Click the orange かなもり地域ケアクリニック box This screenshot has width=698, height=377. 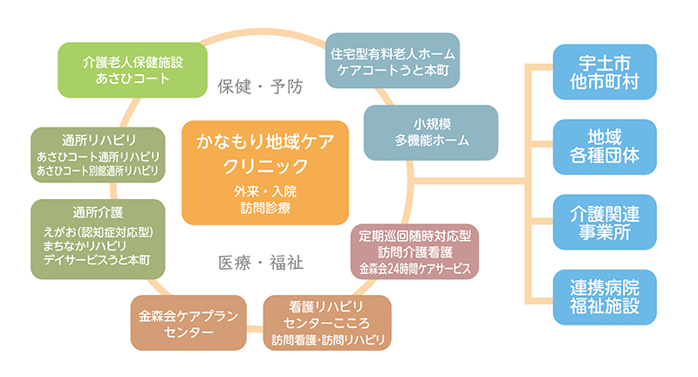[x=265, y=172]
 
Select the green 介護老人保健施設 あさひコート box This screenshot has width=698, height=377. [x=133, y=70]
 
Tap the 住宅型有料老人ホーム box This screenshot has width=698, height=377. [x=392, y=60]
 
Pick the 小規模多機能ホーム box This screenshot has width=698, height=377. [x=431, y=133]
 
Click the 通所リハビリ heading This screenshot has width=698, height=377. [x=99, y=141]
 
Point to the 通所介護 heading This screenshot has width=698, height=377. [x=98, y=213]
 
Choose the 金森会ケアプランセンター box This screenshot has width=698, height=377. [x=188, y=323]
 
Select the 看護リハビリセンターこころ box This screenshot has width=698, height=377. [x=327, y=323]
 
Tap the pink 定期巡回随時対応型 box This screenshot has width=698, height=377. [x=415, y=251]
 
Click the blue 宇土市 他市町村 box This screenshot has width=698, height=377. [x=605, y=72]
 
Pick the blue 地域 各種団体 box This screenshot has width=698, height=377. [x=605, y=147]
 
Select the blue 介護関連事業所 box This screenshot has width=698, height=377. [x=605, y=223]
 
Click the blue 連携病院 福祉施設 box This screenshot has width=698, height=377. [x=605, y=297]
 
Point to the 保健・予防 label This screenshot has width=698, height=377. [x=260, y=86]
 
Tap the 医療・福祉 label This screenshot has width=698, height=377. [x=260, y=263]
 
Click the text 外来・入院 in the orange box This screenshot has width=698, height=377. [x=265, y=191]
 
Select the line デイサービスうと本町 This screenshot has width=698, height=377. [x=97, y=260]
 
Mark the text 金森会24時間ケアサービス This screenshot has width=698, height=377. [x=415, y=269]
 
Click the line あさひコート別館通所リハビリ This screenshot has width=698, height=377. [x=98, y=170]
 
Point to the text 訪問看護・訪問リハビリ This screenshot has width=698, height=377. [x=328, y=340]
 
